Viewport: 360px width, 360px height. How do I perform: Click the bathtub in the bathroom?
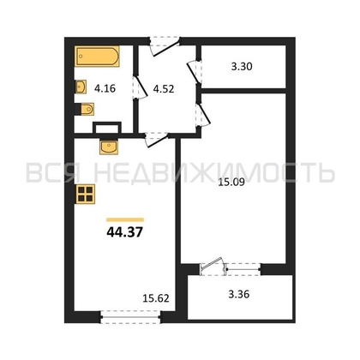97,57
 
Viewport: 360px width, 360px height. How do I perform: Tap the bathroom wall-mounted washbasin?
81,87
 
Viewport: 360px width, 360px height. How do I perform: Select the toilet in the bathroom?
87,109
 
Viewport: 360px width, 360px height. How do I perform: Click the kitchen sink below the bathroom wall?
109,147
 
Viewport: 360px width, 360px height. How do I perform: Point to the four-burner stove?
85,194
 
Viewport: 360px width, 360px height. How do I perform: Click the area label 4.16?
105,88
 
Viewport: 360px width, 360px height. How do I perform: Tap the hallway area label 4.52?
164,89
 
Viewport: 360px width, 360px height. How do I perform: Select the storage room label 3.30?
242,67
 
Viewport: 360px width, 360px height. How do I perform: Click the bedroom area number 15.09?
231,182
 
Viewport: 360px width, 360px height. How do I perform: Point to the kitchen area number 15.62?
156,298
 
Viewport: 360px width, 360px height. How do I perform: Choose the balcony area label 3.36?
239,294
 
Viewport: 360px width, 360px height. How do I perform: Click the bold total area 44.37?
124,232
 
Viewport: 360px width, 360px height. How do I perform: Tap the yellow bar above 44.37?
125,219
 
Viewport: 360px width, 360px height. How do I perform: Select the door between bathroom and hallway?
140,87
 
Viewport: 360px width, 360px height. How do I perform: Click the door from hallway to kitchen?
157,139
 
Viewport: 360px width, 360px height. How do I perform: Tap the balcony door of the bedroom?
213,266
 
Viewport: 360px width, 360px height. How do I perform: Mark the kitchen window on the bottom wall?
131,316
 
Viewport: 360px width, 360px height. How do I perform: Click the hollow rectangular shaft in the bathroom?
107,128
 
